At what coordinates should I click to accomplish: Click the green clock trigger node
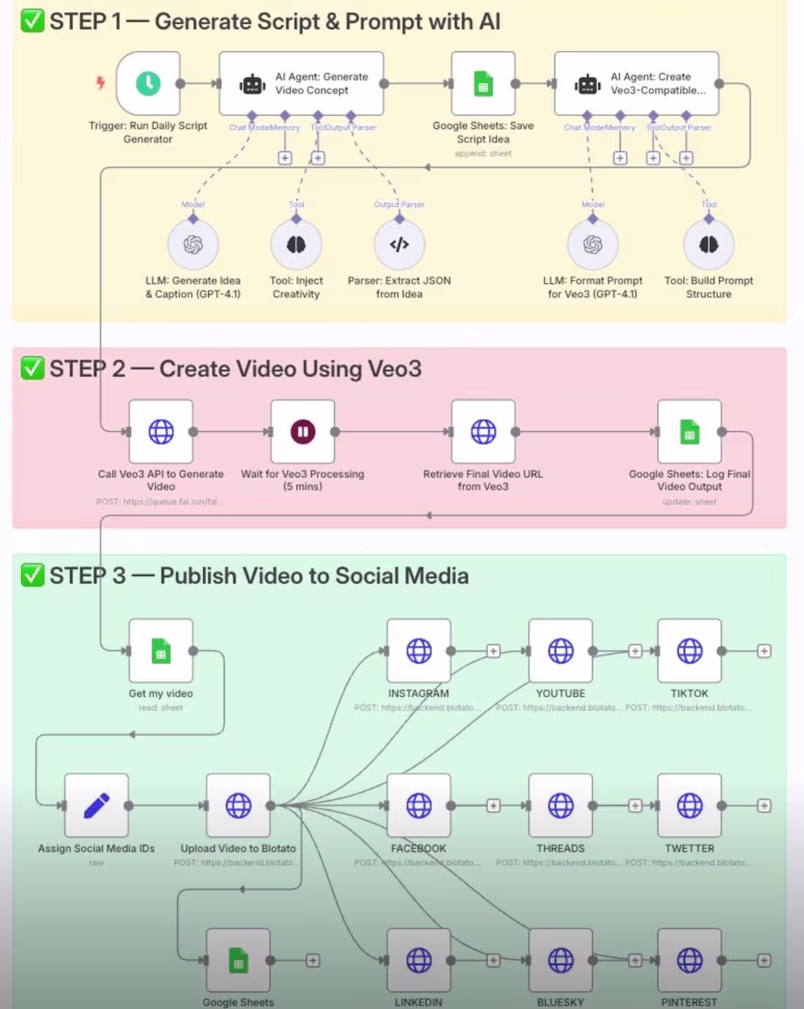148,83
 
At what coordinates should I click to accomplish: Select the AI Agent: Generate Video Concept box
301,83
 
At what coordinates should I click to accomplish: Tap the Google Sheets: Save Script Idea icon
482,83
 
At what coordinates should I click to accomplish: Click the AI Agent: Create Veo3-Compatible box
636,83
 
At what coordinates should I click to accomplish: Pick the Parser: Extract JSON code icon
399,245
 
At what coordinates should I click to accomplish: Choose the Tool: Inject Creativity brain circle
296,245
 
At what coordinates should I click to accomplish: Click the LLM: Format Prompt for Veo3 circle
593,245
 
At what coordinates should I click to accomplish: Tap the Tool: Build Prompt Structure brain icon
708,245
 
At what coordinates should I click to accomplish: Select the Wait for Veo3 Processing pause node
303,432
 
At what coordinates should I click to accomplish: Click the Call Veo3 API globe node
161,432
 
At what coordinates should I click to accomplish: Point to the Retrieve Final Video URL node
482,432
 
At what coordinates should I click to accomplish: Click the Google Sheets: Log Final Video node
689,432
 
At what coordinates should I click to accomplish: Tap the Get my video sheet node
161,651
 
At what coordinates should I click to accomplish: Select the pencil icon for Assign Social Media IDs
96,805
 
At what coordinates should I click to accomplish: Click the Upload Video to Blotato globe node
238,805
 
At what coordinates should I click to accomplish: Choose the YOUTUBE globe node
561,651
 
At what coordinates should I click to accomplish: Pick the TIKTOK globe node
689,651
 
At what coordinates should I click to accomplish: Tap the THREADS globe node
561,805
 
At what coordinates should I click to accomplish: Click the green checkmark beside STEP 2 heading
32,368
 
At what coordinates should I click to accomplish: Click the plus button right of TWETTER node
764,805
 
